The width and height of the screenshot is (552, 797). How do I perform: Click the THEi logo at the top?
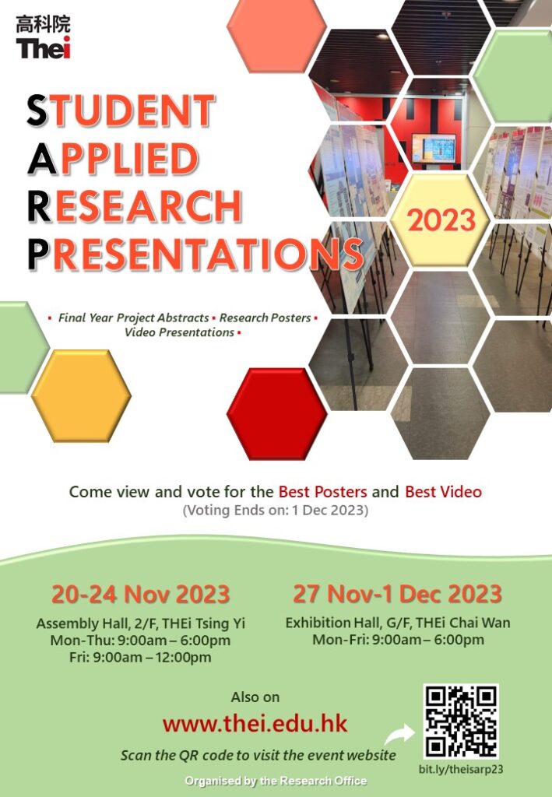(x=43, y=37)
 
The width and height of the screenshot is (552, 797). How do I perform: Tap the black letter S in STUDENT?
(x=37, y=111)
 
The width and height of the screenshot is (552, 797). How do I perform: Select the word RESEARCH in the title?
(x=134, y=206)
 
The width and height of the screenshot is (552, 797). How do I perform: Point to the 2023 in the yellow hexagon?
(x=441, y=220)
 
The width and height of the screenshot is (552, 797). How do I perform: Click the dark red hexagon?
(x=277, y=414)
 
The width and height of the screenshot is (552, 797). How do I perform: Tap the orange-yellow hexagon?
(x=81, y=395)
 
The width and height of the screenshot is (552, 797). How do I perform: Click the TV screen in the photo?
(x=434, y=149)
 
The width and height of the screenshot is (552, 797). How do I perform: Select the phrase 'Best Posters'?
(x=323, y=492)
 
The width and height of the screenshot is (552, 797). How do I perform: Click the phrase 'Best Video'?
(x=443, y=492)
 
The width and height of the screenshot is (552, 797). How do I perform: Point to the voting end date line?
(x=276, y=510)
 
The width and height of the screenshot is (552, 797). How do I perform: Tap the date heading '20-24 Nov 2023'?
(x=140, y=594)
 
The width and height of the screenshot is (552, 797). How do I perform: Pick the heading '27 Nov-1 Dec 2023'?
(x=397, y=594)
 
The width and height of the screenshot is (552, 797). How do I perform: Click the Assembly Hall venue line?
(x=140, y=623)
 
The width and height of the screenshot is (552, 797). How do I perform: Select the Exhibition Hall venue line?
(x=398, y=623)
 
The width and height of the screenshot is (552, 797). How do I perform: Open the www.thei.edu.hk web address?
(x=255, y=723)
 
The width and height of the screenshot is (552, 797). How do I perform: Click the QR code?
(x=461, y=722)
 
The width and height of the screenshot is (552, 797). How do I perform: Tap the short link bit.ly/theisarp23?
(x=461, y=769)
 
